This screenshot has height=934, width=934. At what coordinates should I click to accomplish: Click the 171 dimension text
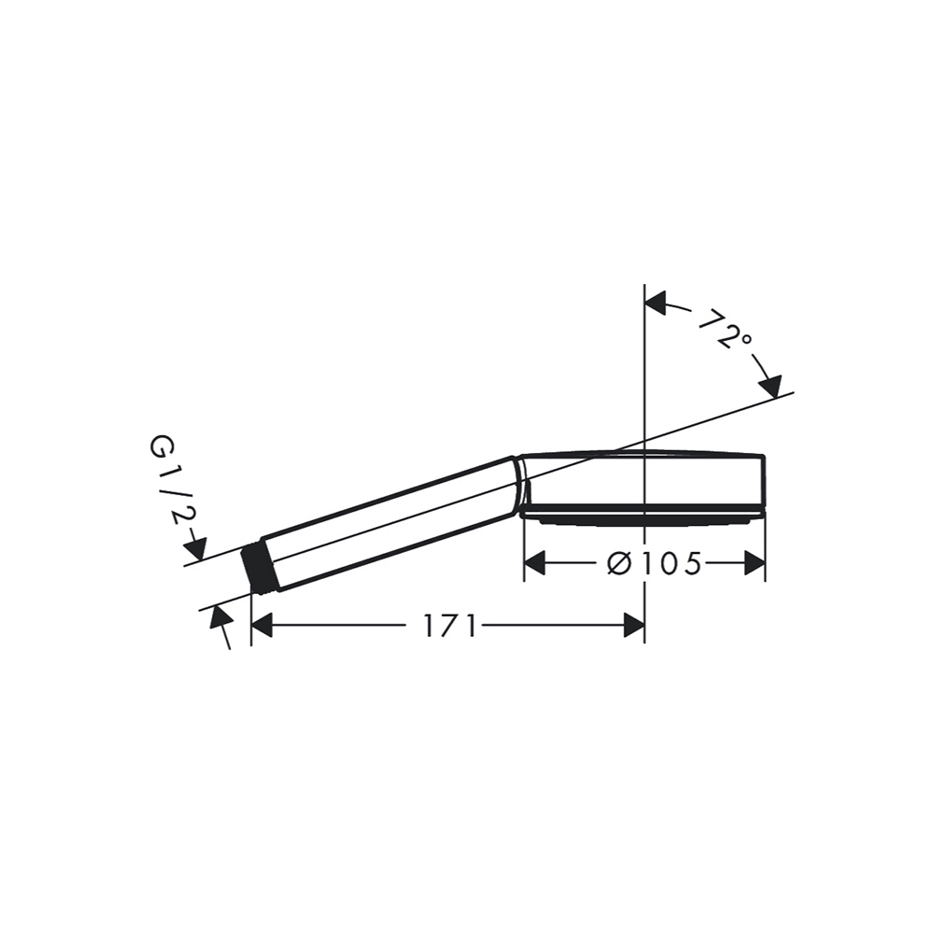click(x=450, y=626)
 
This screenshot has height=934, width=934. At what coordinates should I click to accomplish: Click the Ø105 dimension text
click(x=654, y=563)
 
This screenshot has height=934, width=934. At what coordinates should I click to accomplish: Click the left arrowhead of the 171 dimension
click(x=262, y=626)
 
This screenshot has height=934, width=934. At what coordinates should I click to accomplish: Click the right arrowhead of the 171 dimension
click(x=634, y=626)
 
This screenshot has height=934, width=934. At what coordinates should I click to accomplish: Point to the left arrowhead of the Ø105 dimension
click(x=535, y=563)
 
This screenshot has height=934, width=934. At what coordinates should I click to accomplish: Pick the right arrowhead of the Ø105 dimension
click(x=755, y=563)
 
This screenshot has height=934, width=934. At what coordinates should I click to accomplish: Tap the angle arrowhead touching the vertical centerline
click(x=656, y=302)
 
